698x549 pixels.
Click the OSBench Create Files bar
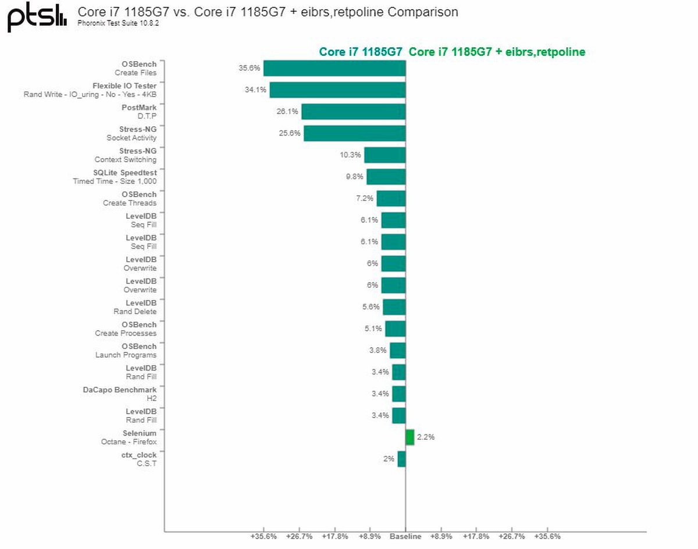(x=334, y=68)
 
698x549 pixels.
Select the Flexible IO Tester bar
(x=337, y=90)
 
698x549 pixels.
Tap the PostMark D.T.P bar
(x=353, y=112)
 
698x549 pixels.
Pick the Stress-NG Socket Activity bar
(x=354, y=133)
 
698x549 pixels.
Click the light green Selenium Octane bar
(x=410, y=437)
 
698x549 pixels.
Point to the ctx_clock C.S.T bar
(x=401, y=459)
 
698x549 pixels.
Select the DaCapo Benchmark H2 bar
(x=398, y=394)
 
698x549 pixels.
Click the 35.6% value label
(x=248, y=68)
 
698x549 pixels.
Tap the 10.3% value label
(x=351, y=155)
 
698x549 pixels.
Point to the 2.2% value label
(x=426, y=437)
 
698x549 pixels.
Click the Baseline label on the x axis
(x=405, y=536)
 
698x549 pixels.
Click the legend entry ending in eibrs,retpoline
(x=497, y=52)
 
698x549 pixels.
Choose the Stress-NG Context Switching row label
(x=126, y=155)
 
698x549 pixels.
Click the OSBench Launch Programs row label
(x=126, y=351)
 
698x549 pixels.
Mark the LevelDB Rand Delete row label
(x=135, y=307)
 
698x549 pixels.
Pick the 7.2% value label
(x=365, y=198)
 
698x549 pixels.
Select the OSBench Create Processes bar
(x=395, y=329)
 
